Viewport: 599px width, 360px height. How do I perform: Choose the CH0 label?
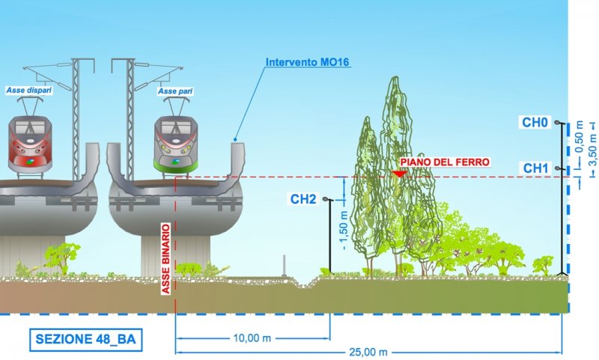click(x=537, y=121)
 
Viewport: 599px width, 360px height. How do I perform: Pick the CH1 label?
click(x=537, y=168)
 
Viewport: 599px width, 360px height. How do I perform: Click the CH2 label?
click(x=303, y=199)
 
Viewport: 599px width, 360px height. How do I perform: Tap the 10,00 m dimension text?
click(x=252, y=338)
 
